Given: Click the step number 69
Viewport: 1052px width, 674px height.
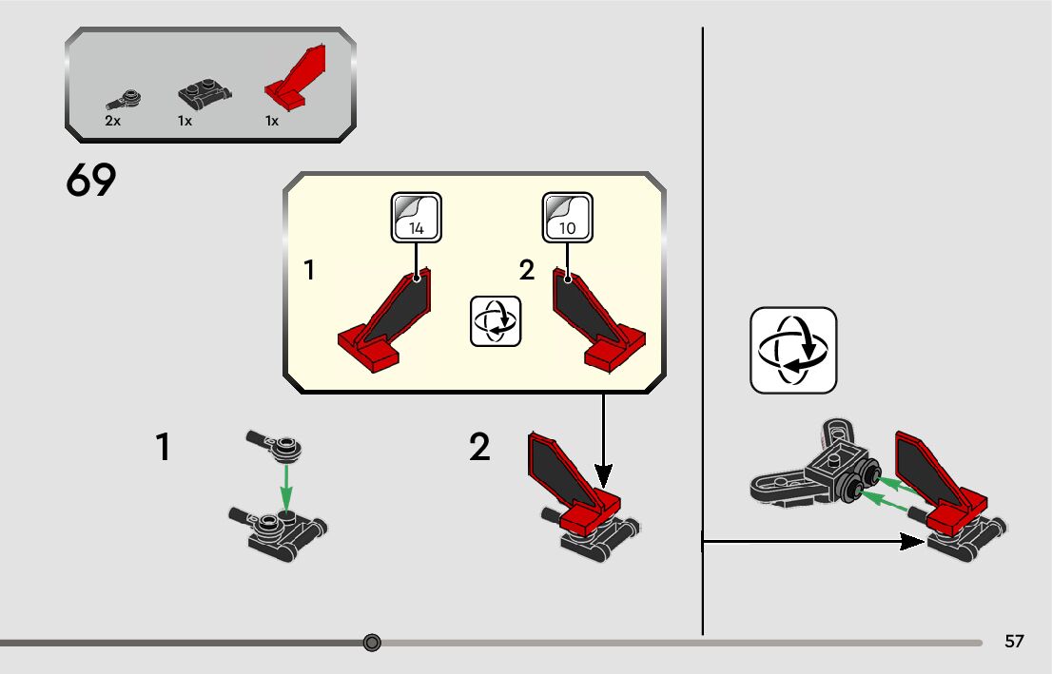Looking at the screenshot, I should [91, 181].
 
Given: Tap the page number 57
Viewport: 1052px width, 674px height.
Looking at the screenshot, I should [1014, 642].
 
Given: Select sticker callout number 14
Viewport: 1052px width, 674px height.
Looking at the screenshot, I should [417, 218].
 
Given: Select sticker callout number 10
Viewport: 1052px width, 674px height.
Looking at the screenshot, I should [567, 218].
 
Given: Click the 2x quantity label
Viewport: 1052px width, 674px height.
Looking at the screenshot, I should [112, 122].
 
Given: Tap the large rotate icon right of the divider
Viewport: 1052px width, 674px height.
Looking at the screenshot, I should [793, 350].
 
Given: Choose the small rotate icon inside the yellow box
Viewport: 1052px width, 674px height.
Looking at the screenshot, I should [496, 320].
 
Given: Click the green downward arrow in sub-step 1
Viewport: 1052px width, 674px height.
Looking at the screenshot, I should [286, 490].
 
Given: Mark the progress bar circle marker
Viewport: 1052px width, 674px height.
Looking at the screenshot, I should [372, 643].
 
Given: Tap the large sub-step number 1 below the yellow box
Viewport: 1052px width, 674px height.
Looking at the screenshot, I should [164, 447].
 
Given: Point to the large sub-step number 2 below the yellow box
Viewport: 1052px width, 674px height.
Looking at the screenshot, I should [479, 447].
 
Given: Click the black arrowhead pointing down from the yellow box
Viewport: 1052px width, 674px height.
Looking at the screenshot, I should [603, 472].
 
